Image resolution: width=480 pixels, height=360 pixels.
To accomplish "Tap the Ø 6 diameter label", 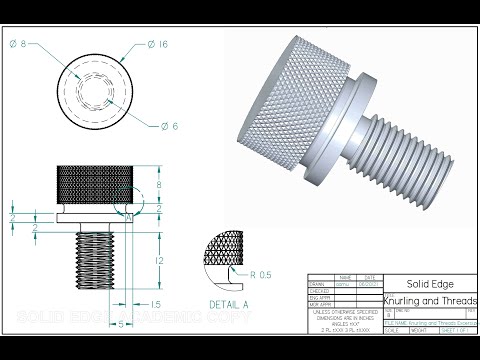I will coord(169,125).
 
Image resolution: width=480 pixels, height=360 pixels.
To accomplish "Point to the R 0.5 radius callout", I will coord(263,273).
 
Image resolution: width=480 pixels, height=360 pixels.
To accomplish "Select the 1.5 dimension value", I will coord(155,303).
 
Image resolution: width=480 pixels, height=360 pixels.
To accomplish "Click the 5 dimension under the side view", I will coord(121,324).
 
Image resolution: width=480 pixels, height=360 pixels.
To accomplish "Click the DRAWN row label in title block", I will coord(317,284).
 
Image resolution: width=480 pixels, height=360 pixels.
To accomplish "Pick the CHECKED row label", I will coord(319,291).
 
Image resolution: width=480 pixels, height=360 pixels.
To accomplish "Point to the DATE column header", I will coord(370,277).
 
